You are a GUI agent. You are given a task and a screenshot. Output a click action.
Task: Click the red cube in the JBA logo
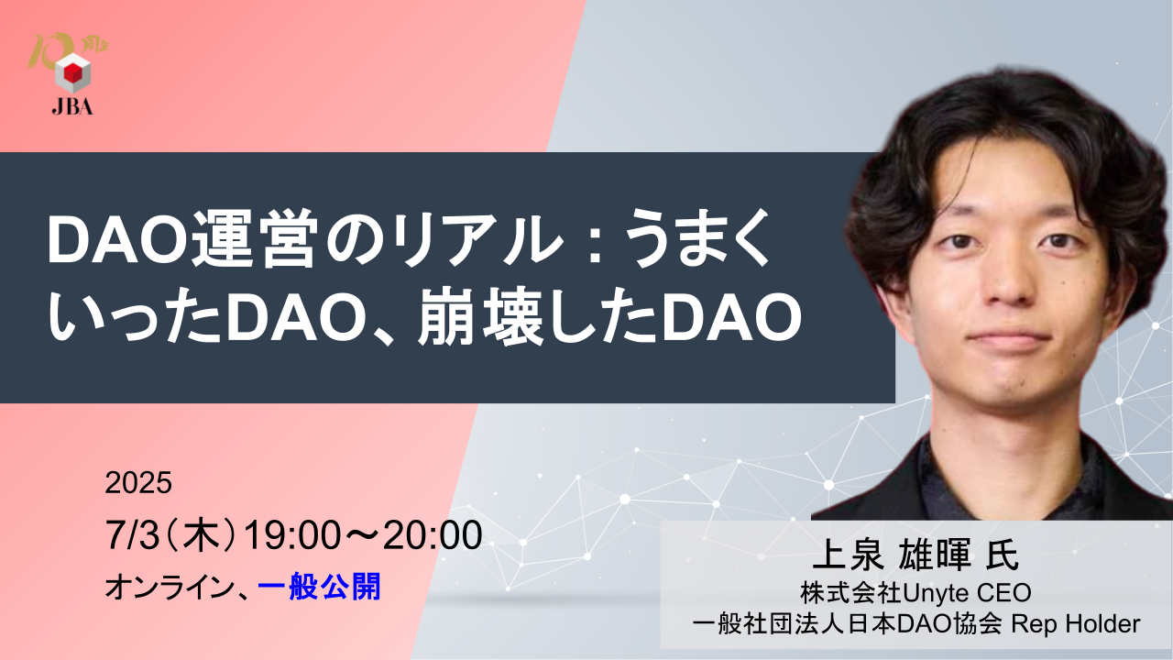pos(72,74)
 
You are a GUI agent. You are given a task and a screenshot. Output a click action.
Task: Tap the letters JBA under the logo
pos(72,107)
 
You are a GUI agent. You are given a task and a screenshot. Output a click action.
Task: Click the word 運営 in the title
pos(254,240)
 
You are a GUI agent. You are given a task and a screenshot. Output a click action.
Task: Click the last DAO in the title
pos(731,318)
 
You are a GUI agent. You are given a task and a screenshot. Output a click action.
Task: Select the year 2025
pos(138,482)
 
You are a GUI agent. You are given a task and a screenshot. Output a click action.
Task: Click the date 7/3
pos(132,535)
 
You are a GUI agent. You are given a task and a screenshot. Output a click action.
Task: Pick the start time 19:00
pos(292,535)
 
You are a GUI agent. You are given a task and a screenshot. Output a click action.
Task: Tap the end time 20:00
pos(432,535)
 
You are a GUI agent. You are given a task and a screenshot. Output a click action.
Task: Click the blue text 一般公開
pos(319,588)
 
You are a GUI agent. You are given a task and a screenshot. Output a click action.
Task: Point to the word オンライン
pos(170,588)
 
